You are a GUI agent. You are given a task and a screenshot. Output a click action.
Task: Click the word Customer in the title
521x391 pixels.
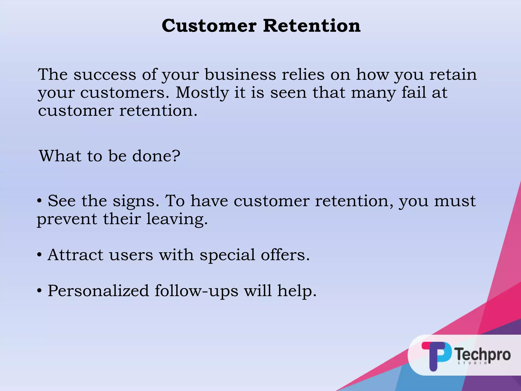pos(209,26)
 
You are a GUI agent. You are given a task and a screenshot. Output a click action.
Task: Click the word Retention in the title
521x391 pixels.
pos(312,26)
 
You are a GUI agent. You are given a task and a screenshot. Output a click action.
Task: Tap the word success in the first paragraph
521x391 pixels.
pos(105,75)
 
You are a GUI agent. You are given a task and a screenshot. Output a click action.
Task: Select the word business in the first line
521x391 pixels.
pos(240,75)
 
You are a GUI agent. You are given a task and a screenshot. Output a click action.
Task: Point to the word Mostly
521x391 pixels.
pos(202,93)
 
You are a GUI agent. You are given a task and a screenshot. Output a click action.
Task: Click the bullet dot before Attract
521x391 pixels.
pos(39,255)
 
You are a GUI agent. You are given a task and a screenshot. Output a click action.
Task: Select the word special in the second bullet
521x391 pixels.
pos(227,255)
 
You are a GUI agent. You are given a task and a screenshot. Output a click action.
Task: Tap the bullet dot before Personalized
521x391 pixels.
pos(39,291)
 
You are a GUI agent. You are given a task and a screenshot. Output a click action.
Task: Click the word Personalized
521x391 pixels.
pos(98,291)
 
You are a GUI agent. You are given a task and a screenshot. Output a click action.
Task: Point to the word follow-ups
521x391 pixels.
pos(196,291)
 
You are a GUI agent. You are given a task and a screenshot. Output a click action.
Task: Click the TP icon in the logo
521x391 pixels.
pos(436,356)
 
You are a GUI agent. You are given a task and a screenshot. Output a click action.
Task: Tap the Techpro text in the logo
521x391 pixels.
pos(483,354)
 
